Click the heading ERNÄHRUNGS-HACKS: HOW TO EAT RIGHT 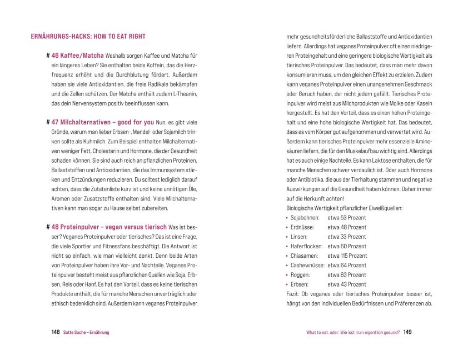(x=88, y=37)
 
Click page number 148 (x=56, y=332)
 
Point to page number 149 (x=407, y=332)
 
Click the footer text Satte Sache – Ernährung (x=86, y=332)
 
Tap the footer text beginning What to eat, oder (x=353, y=332)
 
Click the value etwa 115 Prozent (x=347, y=256)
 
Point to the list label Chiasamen (x=305, y=256)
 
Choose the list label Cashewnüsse (x=308, y=265)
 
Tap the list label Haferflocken (x=307, y=246)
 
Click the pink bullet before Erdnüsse (x=287, y=227)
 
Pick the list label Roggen (x=301, y=274)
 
